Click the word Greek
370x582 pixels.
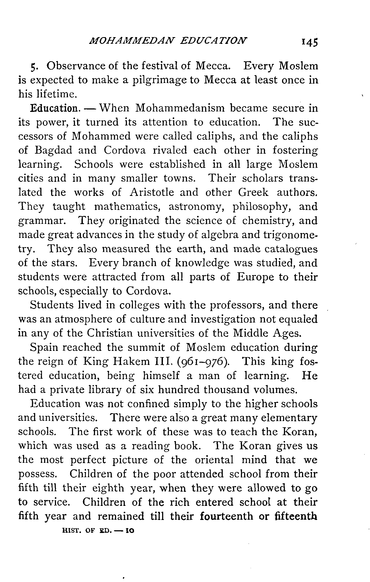(x=253, y=192)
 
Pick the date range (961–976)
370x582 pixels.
(x=204, y=362)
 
